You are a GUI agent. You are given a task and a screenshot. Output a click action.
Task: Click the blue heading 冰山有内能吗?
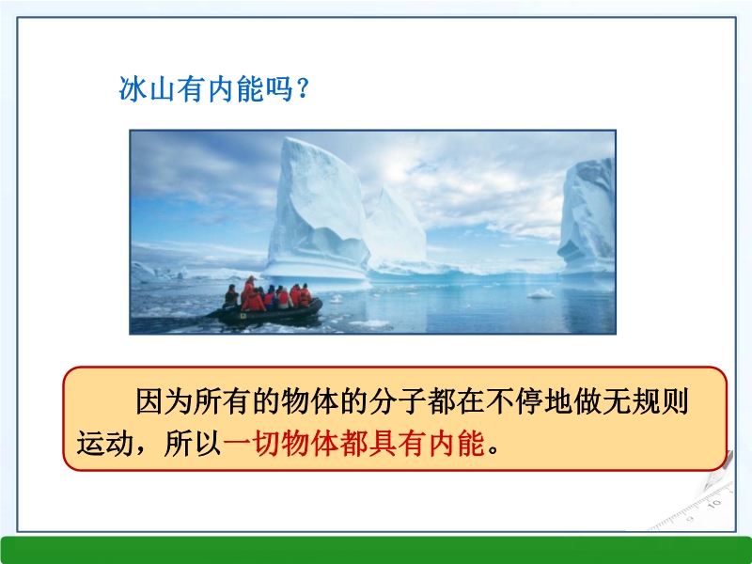coord(214,88)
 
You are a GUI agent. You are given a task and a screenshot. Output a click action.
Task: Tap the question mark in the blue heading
coord(303,88)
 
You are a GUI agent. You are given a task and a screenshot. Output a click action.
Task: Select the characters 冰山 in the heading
coord(147,88)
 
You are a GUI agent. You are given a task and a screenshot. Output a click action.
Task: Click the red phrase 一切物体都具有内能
coord(354,443)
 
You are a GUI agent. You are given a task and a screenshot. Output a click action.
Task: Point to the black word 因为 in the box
coord(164,401)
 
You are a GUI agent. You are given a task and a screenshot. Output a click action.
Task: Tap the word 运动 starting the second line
coord(105,443)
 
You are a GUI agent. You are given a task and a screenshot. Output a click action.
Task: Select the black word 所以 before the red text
coord(193,443)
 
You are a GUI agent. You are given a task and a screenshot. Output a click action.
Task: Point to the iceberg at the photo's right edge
coord(587,218)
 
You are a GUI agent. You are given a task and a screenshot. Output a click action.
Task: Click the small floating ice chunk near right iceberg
coord(541,293)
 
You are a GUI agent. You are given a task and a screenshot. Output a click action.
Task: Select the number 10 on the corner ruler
coord(714,504)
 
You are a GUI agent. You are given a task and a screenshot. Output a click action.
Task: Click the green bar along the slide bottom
coord(376,550)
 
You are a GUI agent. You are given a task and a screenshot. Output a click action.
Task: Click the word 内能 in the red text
coord(456,443)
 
